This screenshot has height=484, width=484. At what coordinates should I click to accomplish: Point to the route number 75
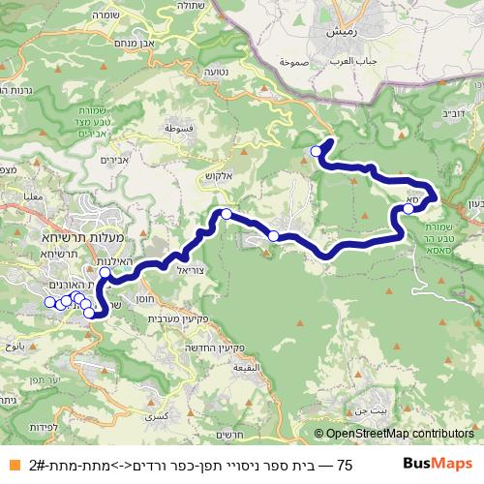[346, 465]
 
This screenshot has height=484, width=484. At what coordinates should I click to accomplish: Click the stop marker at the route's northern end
[317, 152]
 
